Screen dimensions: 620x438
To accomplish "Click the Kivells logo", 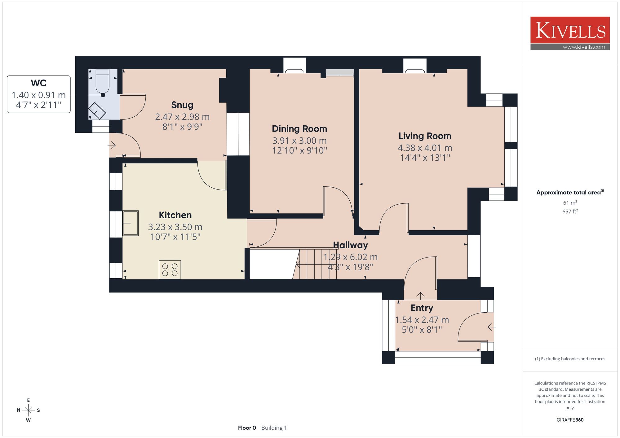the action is click(x=570, y=33).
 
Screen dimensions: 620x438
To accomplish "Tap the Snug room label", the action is click(x=182, y=105).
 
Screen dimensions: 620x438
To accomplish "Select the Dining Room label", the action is click(x=299, y=129).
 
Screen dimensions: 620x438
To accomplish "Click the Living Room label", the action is click(x=425, y=136).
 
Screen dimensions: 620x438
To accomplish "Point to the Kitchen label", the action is click(x=175, y=215).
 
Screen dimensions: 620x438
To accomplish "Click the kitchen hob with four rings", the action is click(x=170, y=270).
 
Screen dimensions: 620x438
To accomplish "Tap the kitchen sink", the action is click(x=131, y=223).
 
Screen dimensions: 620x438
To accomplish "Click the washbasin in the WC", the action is click(x=97, y=110).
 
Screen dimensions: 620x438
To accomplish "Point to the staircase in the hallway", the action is click(x=315, y=264).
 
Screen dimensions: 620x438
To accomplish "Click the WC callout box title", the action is click(x=39, y=83).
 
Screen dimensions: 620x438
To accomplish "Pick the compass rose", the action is click(x=28, y=410).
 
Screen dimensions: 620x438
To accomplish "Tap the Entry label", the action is click(x=422, y=308).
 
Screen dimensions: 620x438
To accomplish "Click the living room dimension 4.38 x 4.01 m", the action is click(x=425, y=148).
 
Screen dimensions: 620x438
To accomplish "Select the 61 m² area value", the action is click(x=570, y=203).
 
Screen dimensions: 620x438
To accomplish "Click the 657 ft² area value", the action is click(x=570, y=211).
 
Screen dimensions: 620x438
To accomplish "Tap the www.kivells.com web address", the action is click(x=584, y=47).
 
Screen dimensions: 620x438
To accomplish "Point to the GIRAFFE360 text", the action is click(x=570, y=420).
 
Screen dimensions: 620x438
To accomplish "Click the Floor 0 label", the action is click(x=247, y=428).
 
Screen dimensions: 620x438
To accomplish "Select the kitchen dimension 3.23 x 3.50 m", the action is click(x=175, y=227).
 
